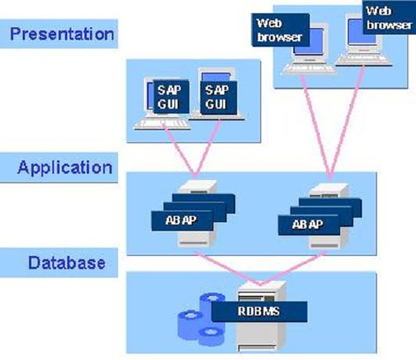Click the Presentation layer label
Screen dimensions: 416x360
(x=62, y=34)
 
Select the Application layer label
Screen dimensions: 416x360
(x=65, y=167)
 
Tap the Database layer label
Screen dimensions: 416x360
(x=67, y=263)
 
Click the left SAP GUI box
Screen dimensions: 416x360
(x=171, y=97)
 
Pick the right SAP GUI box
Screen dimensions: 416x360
(x=218, y=98)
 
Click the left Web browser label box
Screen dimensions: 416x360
(x=280, y=30)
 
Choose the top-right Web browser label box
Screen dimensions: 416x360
(x=389, y=17)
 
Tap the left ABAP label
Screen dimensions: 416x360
(x=182, y=221)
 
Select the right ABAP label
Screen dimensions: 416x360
(x=309, y=225)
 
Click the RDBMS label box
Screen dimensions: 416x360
(x=259, y=311)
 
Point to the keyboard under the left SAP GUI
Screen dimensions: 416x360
(x=162, y=124)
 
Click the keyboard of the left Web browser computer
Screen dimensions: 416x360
(x=310, y=68)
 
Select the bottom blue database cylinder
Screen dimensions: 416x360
(x=211, y=337)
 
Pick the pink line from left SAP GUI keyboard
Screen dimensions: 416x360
(x=179, y=150)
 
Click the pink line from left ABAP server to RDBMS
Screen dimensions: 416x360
(x=228, y=268)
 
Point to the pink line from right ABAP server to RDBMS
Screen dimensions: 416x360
(x=294, y=268)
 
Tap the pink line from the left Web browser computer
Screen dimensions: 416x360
(x=316, y=127)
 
